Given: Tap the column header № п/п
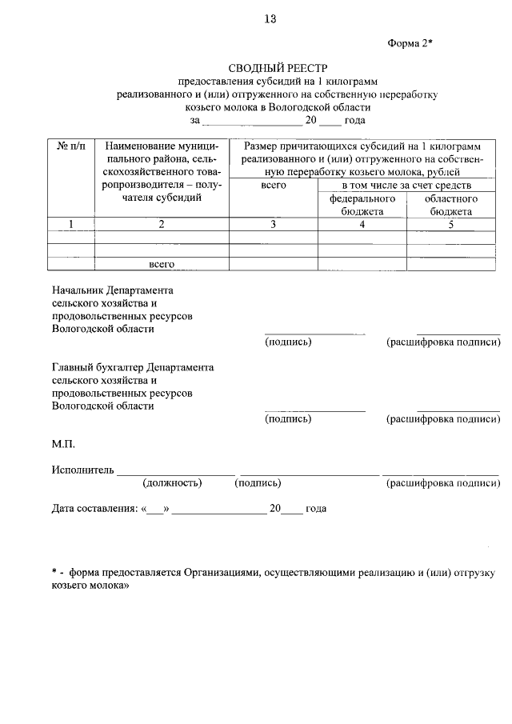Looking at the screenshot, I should (71, 147).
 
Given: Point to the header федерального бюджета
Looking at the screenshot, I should (362, 205).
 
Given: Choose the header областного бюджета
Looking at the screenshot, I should (450, 205).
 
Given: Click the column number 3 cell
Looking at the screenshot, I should (273, 225).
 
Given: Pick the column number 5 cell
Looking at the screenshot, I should (450, 225).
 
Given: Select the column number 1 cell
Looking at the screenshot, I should (71, 225).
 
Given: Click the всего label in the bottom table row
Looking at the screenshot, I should (162, 263).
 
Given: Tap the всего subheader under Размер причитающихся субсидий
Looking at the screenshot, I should (273, 185).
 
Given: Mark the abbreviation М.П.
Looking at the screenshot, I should (63, 443).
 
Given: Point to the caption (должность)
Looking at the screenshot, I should (172, 483).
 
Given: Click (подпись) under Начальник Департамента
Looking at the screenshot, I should (288, 342).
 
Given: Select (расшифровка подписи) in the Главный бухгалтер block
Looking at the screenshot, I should (443, 418).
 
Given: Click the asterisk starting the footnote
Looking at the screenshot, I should (54, 573).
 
